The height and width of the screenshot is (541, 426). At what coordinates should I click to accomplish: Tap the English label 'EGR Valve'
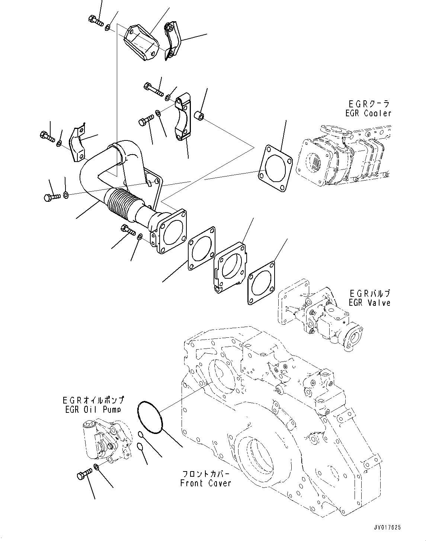click(369, 302)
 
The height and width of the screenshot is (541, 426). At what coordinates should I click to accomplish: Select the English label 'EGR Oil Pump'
click(93, 409)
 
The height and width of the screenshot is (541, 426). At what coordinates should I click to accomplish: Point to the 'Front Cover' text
click(205, 483)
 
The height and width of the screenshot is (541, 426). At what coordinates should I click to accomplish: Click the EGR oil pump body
click(105, 440)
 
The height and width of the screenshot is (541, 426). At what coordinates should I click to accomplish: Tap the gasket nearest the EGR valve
click(262, 283)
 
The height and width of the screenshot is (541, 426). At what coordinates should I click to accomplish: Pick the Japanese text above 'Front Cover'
click(205, 474)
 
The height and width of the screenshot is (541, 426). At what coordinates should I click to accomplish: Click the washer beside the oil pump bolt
click(96, 467)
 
